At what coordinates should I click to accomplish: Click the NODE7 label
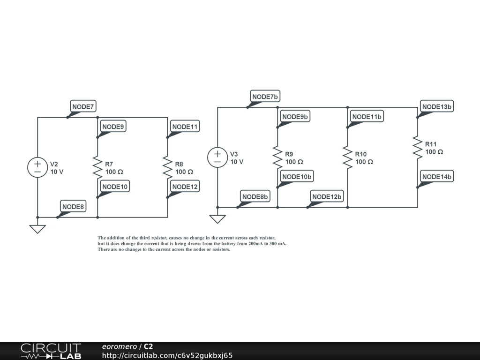[83, 107]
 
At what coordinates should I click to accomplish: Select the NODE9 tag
[113, 127]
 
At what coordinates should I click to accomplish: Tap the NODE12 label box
[185, 187]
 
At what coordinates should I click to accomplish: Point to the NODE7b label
[265, 97]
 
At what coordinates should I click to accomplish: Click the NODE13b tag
[436, 107]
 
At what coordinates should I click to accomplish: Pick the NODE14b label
[436, 177]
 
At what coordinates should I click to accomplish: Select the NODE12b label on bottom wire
[327, 196]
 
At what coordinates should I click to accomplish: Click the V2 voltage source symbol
[37, 167]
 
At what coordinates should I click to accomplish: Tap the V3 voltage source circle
[217, 157]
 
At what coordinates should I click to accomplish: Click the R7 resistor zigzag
[97, 167]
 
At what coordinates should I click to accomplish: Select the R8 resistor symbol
[167, 167]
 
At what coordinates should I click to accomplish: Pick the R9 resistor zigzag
[277, 157]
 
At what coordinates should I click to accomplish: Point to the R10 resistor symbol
[347, 157]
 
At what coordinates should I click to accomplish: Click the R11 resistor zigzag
[417, 147]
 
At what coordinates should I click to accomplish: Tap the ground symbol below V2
[37, 229]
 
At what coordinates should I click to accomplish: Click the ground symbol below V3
[217, 219]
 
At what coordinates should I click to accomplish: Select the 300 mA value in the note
[277, 244]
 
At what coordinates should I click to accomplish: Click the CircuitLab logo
[51, 351]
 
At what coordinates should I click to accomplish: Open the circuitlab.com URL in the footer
[167, 355]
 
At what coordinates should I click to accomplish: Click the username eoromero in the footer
[119, 346]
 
